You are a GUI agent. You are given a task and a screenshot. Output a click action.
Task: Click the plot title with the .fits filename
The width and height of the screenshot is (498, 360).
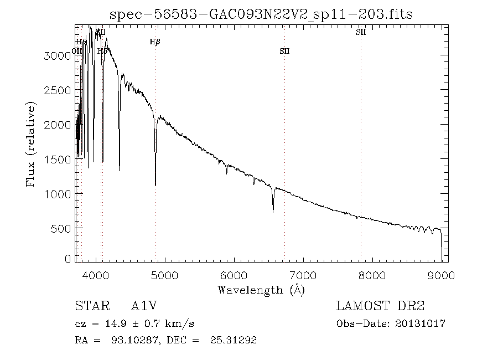tap(261, 14)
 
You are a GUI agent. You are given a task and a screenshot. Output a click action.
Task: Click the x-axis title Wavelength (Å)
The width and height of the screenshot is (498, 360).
tap(261, 289)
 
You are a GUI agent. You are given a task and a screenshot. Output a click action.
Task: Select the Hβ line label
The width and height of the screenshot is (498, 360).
tap(155, 42)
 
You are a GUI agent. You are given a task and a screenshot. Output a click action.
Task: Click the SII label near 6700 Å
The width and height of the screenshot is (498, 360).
tap(284, 52)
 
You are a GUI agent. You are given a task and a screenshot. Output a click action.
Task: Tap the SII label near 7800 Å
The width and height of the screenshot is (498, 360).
tap(361, 32)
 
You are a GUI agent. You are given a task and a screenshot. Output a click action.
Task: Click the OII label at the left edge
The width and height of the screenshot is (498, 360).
tap(77, 51)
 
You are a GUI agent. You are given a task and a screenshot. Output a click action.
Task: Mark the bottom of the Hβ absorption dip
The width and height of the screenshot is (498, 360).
tap(155, 184)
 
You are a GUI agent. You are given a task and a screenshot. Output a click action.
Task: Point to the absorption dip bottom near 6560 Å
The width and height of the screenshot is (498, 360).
tap(273, 211)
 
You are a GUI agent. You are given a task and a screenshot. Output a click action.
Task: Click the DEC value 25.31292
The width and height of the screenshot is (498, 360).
tap(234, 340)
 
